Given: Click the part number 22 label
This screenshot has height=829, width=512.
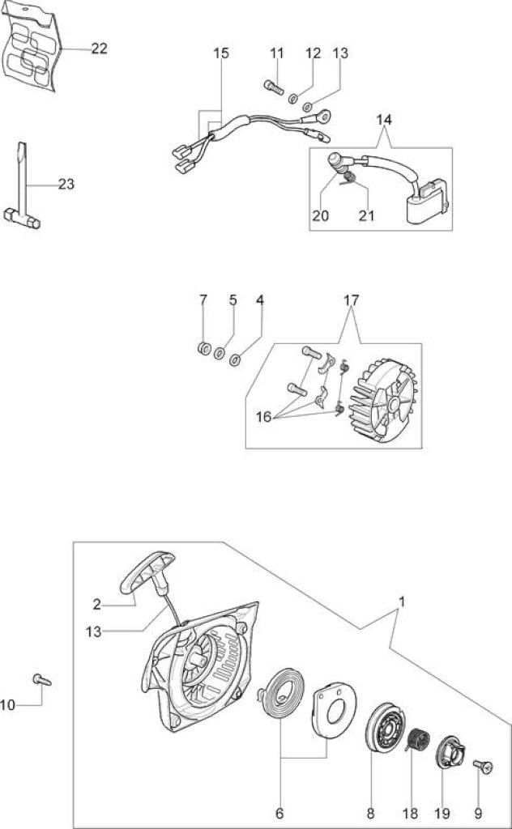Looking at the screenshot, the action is [x=100, y=49].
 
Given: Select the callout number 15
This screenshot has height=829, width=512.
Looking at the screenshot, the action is [x=221, y=53].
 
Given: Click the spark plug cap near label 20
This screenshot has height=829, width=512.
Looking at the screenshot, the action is [x=335, y=162].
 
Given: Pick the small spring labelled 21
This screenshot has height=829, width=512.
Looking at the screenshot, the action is [x=348, y=179].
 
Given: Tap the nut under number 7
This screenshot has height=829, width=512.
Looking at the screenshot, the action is [x=203, y=348].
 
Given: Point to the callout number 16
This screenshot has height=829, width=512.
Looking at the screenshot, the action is [x=263, y=417].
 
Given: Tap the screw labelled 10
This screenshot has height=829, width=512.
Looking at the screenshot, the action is [x=42, y=679].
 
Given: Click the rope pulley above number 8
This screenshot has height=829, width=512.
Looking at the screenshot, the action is [x=386, y=726].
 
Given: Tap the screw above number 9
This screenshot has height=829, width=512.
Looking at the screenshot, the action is [x=483, y=765].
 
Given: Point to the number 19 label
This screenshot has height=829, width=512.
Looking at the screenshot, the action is [x=442, y=813].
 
